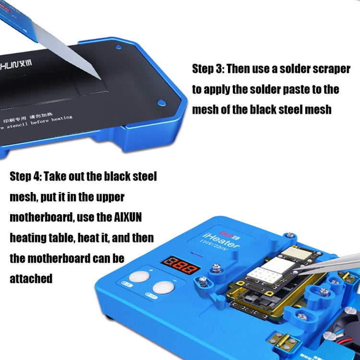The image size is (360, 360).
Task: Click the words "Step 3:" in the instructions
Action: coord(207,69)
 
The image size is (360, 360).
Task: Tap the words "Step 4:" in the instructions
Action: coord(25,176)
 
